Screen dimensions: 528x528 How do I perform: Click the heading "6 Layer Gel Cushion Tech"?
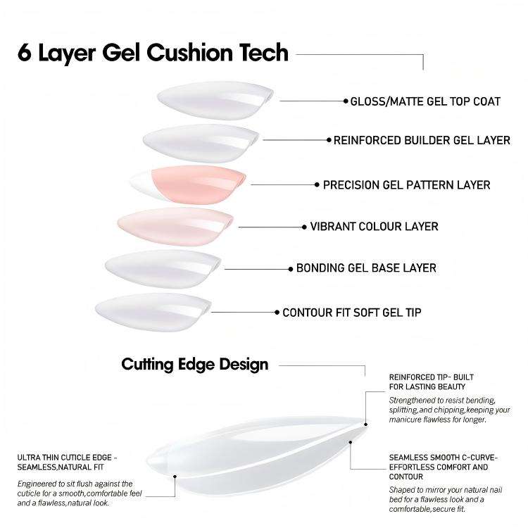[x=153, y=54]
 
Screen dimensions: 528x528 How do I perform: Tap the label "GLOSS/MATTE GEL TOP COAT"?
[x=425, y=101]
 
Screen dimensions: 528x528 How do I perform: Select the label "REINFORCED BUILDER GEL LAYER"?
[x=422, y=141]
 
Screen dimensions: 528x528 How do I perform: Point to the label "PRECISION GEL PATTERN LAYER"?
[x=407, y=185]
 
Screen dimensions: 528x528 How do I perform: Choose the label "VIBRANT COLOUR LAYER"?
[x=374, y=227]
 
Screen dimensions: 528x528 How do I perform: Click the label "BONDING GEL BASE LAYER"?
[x=366, y=268]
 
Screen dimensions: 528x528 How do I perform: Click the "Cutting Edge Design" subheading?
[x=194, y=364]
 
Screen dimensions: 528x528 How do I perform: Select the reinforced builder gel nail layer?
[x=201, y=139]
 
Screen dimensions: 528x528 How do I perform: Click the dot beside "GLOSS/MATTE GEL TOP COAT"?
[x=346, y=101]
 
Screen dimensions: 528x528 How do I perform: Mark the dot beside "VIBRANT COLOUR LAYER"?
[x=304, y=227]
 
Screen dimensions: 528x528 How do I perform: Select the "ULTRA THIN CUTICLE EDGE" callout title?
[x=68, y=462]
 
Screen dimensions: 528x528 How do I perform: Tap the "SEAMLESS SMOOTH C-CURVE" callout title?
[x=443, y=467]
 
